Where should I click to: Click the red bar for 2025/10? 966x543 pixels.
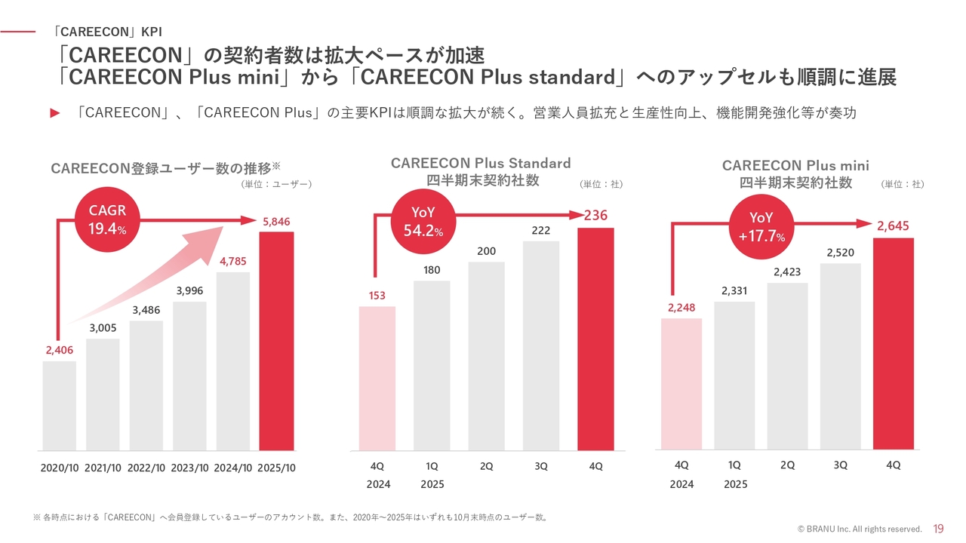[x=276, y=341]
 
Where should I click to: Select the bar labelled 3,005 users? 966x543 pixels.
[x=103, y=394]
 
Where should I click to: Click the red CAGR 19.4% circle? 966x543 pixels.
[x=106, y=219]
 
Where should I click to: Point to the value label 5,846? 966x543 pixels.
[x=276, y=222]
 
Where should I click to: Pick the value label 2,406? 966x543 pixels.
[x=59, y=350]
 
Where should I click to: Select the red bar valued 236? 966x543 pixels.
[x=595, y=339]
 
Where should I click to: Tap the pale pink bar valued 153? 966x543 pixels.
[x=377, y=378]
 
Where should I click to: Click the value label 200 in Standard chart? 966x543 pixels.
[x=487, y=251]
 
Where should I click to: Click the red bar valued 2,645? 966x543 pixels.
[x=894, y=344]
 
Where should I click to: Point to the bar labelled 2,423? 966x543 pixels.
[x=787, y=367]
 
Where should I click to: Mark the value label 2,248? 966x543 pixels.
[x=681, y=307]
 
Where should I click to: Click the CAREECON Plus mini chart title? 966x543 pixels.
[x=795, y=173]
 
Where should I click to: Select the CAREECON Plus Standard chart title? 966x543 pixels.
[x=481, y=171]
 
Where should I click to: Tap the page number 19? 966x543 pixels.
[x=939, y=529]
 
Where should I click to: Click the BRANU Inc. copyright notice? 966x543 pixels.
[x=860, y=529]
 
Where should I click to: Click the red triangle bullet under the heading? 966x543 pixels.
[x=54, y=113]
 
